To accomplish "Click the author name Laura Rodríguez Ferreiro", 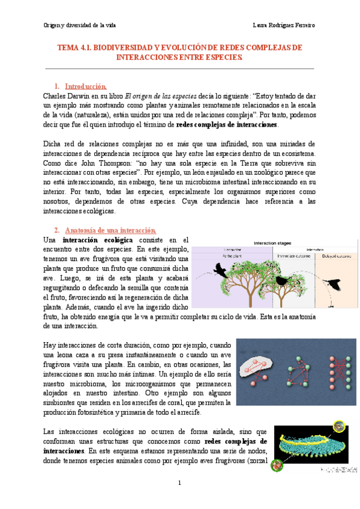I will point(284,25).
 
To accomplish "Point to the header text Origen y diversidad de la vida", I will point(80,25).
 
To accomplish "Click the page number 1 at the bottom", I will point(179,483).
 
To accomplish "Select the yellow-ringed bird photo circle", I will point(340,427).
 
